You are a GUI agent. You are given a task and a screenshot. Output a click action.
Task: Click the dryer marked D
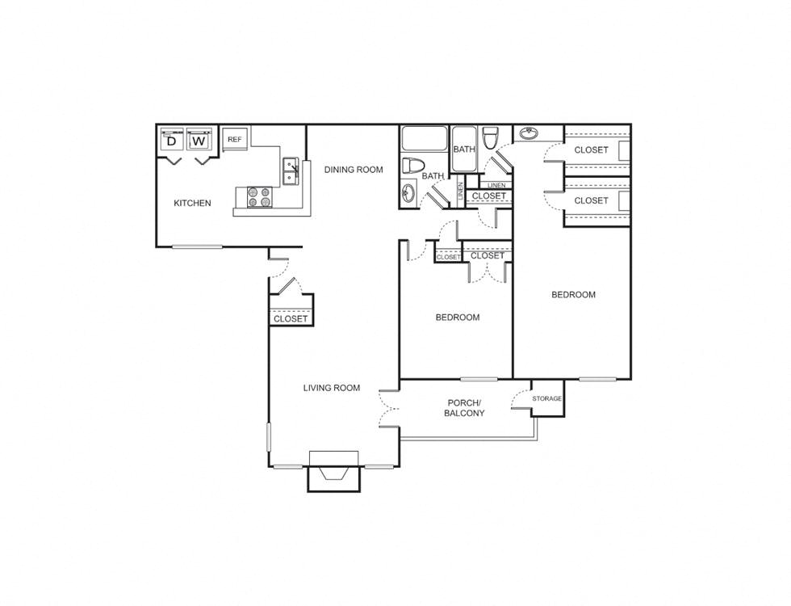tap(171, 141)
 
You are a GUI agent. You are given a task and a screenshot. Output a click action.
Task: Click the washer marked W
tap(199, 141)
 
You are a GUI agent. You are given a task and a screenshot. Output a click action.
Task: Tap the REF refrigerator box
tap(235, 139)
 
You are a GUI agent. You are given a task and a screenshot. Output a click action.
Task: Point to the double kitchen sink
tap(291, 170)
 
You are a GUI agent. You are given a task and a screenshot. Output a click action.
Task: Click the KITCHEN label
tap(192, 203)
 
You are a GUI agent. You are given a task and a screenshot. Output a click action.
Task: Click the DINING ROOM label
tap(353, 170)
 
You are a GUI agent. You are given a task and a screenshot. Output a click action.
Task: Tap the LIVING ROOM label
tap(331, 388)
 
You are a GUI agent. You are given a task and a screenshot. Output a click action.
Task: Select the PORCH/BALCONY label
tap(464, 408)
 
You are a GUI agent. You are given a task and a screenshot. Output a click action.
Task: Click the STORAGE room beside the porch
tap(547, 399)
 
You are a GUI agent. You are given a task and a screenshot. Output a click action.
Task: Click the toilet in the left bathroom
tap(413, 166)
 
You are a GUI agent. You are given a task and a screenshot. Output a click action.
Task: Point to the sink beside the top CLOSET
tap(529, 133)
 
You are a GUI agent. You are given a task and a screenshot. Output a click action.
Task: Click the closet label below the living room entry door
tap(291, 319)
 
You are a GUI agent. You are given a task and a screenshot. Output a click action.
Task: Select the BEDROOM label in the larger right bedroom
tap(573, 295)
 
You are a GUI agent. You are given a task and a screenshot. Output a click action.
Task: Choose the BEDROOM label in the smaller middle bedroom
tap(458, 318)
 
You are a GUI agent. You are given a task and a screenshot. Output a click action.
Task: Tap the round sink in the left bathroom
tap(408, 193)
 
